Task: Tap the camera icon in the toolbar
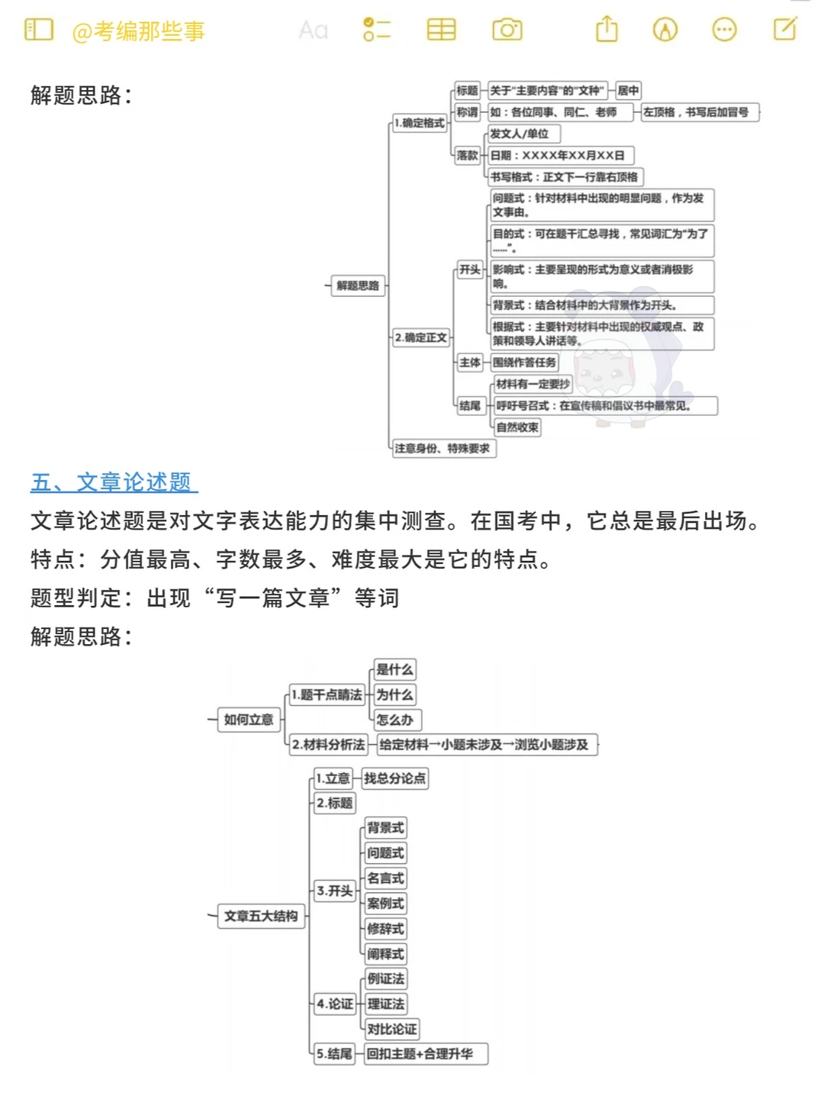[507, 30]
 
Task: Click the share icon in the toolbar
[607, 30]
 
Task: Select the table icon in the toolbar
[441, 30]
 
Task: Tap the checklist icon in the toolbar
[377, 30]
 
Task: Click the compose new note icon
[784, 30]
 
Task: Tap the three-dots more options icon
[724, 30]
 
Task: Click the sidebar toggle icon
[39, 30]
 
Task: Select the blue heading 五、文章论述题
[114, 482]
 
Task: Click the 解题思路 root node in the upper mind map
[358, 285]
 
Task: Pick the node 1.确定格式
[419, 123]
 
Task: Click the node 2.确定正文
[420, 337]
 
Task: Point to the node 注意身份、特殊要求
[443, 449]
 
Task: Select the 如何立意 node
[249, 720]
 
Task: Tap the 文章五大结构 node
[261, 916]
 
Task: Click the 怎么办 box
[396, 720]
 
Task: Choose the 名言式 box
[385, 878]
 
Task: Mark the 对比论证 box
[392, 1029]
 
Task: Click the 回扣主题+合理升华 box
[425, 1054]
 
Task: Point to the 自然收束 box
[517, 427]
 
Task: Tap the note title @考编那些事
[138, 31]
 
